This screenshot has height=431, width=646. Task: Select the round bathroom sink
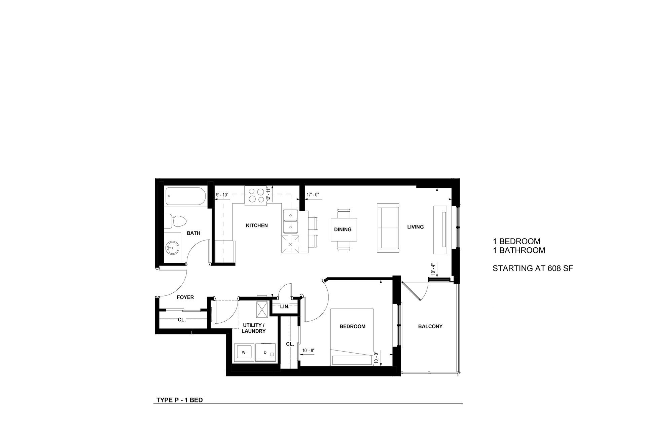(172, 248)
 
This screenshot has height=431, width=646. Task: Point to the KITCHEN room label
(257, 225)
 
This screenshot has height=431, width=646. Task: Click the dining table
(343, 229)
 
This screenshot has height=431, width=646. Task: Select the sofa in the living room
(388, 228)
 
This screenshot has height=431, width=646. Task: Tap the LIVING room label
(416, 227)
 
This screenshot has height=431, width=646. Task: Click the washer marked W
(244, 352)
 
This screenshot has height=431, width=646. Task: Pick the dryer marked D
(266, 352)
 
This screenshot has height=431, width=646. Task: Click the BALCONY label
(430, 326)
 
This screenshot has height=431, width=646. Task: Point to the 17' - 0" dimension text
(313, 194)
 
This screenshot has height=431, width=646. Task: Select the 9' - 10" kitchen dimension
(222, 194)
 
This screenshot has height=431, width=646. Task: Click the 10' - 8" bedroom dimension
(309, 351)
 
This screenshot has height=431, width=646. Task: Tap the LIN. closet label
(285, 307)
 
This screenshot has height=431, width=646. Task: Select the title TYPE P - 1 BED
(180, 400)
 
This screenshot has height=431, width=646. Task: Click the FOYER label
(185, 297)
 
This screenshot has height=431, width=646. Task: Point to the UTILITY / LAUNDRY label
(254, 328)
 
